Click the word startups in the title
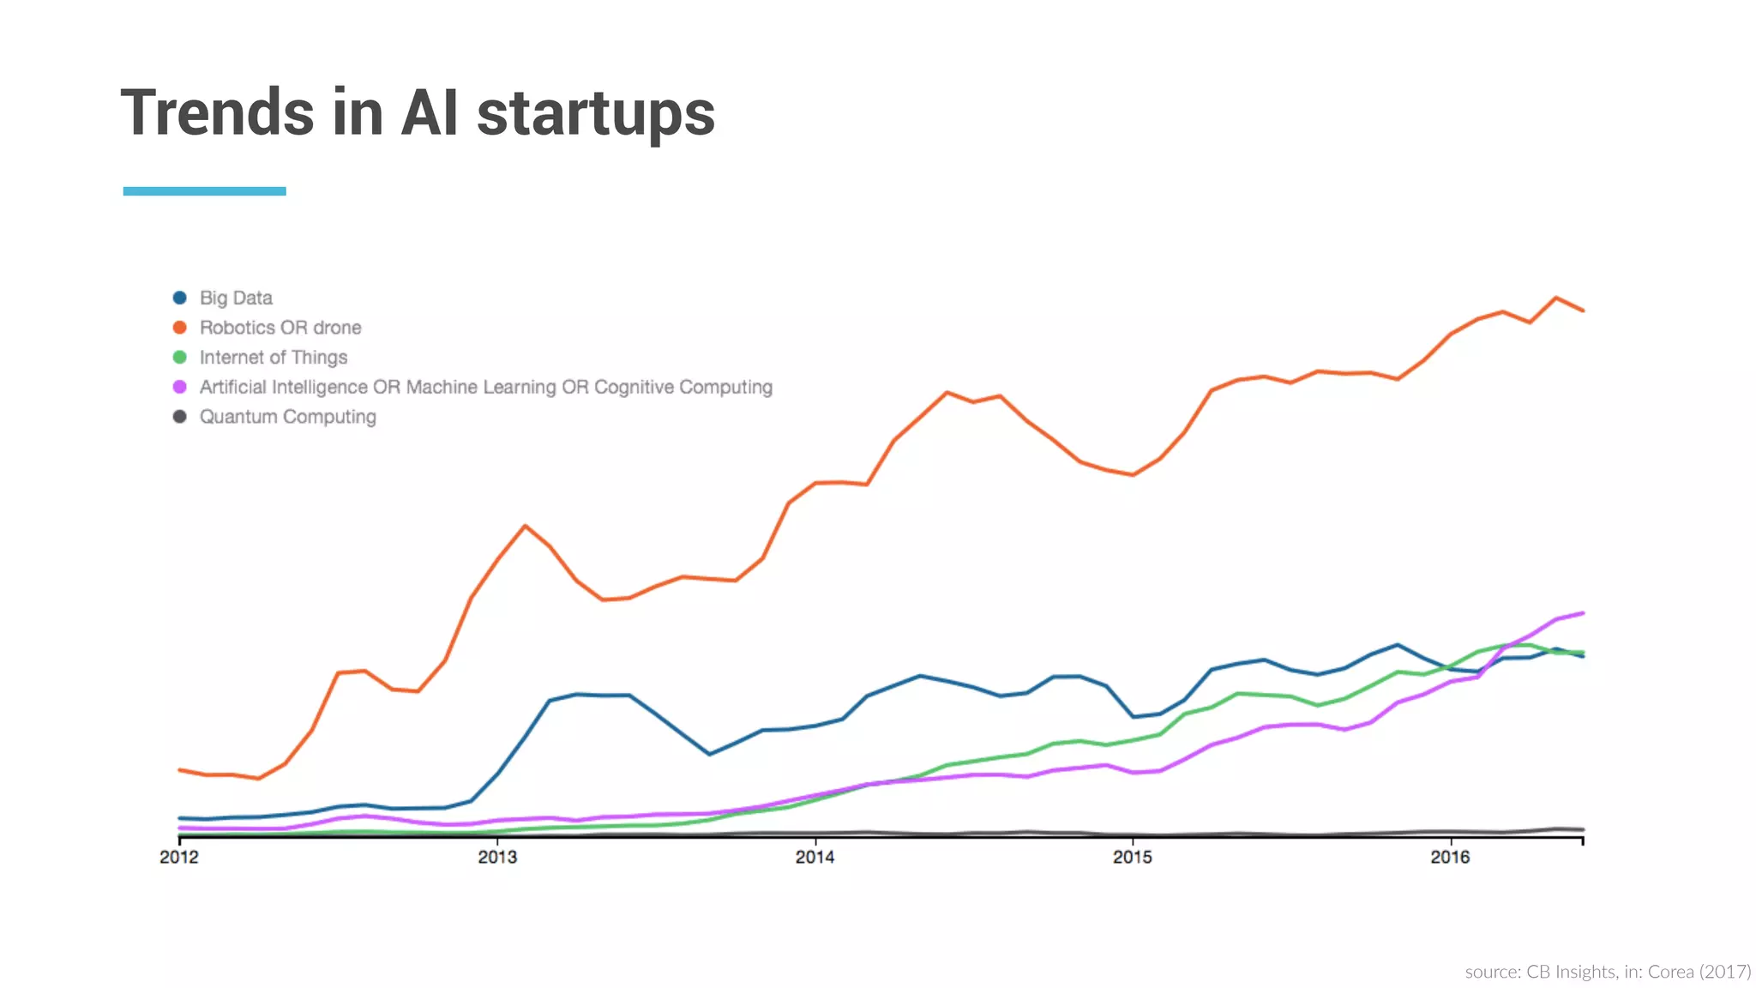point(595,114)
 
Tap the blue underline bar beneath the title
point(204,191)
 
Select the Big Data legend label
point(236,298)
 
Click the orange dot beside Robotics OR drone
point(180,328)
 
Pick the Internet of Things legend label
point(273,357)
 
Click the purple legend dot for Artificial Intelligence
point(180,387)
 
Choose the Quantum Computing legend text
point(287,417)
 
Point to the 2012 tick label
point(178,857)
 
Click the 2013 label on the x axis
point(497,857)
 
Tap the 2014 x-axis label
point(815,857)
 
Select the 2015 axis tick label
point(1132,857)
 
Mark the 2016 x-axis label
point(1450,857)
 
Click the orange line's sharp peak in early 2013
point(525,526)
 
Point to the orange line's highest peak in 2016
point(1555,298)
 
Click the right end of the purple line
point(1582,613)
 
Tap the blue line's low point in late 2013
point(709,755)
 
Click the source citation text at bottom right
point(1608,972)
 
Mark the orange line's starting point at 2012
point(179,770)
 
